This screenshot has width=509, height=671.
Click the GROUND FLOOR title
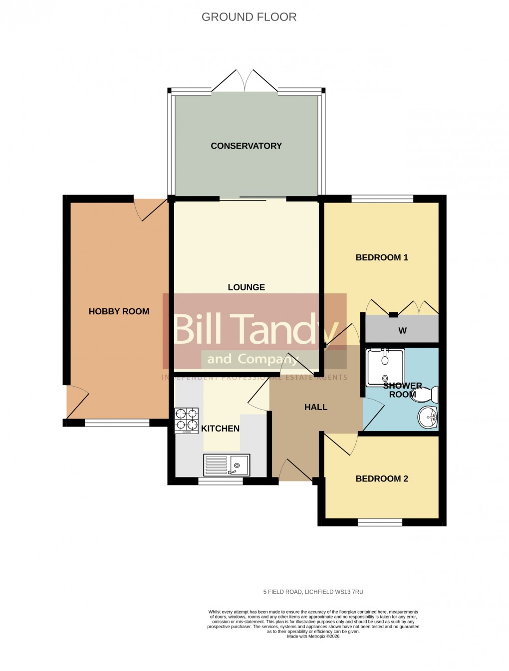pos(249,17)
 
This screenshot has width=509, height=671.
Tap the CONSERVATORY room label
pos(246,146)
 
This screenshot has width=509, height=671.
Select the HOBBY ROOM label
pos(119,311)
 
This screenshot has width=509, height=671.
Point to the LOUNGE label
pos(246,287)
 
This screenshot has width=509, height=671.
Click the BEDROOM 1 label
pos(382,257)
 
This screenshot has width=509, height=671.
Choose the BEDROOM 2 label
pos(382,479)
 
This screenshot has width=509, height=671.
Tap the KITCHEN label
pos(220,429)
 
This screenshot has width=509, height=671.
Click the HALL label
pos(316,407)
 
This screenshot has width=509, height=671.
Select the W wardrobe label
pos(402,331)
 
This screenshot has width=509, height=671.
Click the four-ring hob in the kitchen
pos(186,420)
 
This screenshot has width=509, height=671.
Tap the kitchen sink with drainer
pos(227,465)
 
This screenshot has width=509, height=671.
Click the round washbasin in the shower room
pos(428,417)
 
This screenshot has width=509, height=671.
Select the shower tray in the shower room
pos(384,368)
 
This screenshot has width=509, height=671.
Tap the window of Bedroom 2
pos(380,522)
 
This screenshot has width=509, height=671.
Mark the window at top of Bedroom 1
pos(382,199)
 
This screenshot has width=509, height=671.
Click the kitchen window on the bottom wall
pos(221,481)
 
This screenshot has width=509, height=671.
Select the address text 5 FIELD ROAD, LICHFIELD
pos(313,592)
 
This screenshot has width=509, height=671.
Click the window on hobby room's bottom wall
pos(117,423)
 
